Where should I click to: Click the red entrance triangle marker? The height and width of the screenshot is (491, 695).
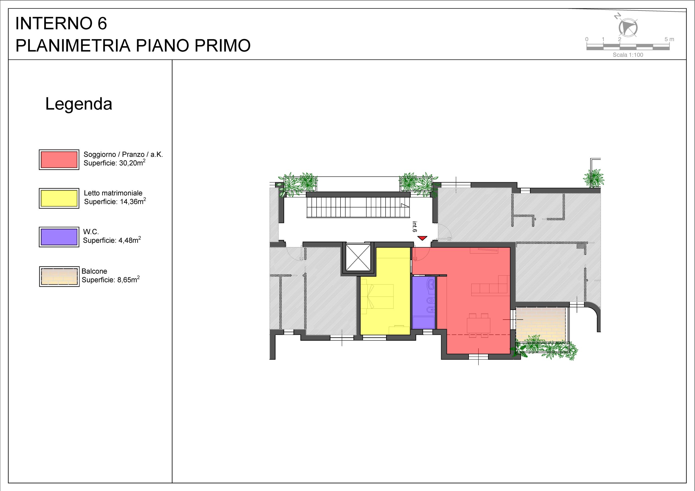click(x=422, y=238)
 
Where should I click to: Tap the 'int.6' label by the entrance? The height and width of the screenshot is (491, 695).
click(x=415, y=227)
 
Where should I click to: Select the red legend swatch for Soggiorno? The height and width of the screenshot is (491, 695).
click(x=59, y=160)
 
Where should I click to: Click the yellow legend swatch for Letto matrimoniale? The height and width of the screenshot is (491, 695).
click(x=59, y=198)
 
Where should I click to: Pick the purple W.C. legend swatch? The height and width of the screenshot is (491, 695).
click(x=59, y=237)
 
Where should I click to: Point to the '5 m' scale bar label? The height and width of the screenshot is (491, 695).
click(x=669, y=39)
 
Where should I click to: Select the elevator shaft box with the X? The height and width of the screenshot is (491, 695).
click(x=358, y=257)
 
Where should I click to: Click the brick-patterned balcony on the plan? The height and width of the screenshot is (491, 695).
click(x=540, y=325)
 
